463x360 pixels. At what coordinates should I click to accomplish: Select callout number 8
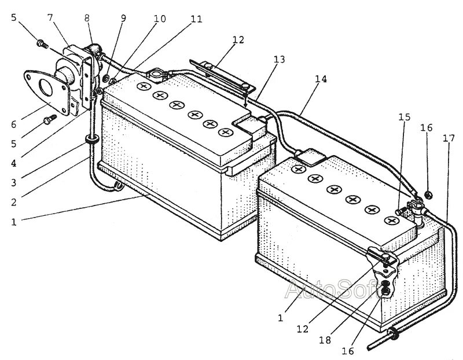(87, 17)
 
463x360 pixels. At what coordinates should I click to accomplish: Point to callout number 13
(280, 60)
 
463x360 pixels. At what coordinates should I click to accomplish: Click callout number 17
(448, 139)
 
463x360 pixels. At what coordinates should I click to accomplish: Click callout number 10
(159, 19)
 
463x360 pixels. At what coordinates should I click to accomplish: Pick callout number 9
(123, 17)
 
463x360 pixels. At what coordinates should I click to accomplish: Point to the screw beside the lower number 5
(49, 119)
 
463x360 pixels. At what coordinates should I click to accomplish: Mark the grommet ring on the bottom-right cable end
(393, 333)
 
